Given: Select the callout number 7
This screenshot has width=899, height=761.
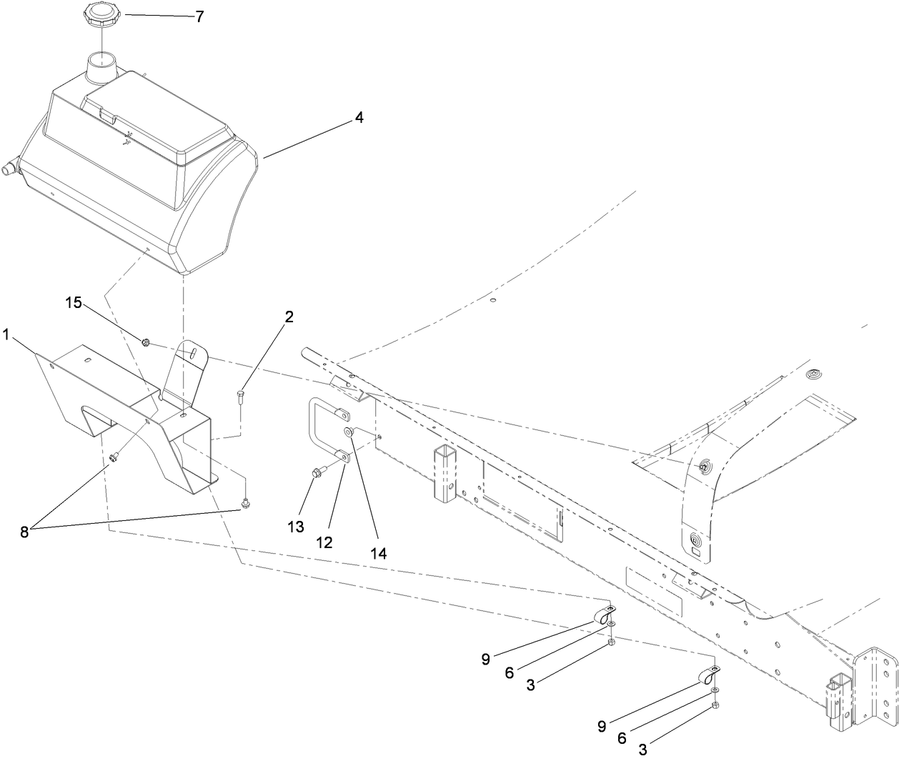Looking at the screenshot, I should coord(200,16).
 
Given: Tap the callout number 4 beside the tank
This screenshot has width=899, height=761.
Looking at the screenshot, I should coord(359,118).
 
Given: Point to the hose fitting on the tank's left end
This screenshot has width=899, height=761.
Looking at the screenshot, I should coord(28,169).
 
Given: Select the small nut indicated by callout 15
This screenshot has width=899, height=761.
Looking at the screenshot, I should coord(145,342).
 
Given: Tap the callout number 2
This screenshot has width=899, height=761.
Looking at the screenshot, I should coord(289,317).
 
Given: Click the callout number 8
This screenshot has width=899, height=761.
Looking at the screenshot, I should coord(24,532).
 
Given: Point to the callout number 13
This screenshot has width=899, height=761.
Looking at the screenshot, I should coord(296,527).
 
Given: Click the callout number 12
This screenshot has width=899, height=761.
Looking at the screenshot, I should coord(324,542).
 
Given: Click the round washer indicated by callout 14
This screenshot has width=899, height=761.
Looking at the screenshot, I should coord(349,432).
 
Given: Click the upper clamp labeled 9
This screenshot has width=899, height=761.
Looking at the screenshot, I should coord(605,612).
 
